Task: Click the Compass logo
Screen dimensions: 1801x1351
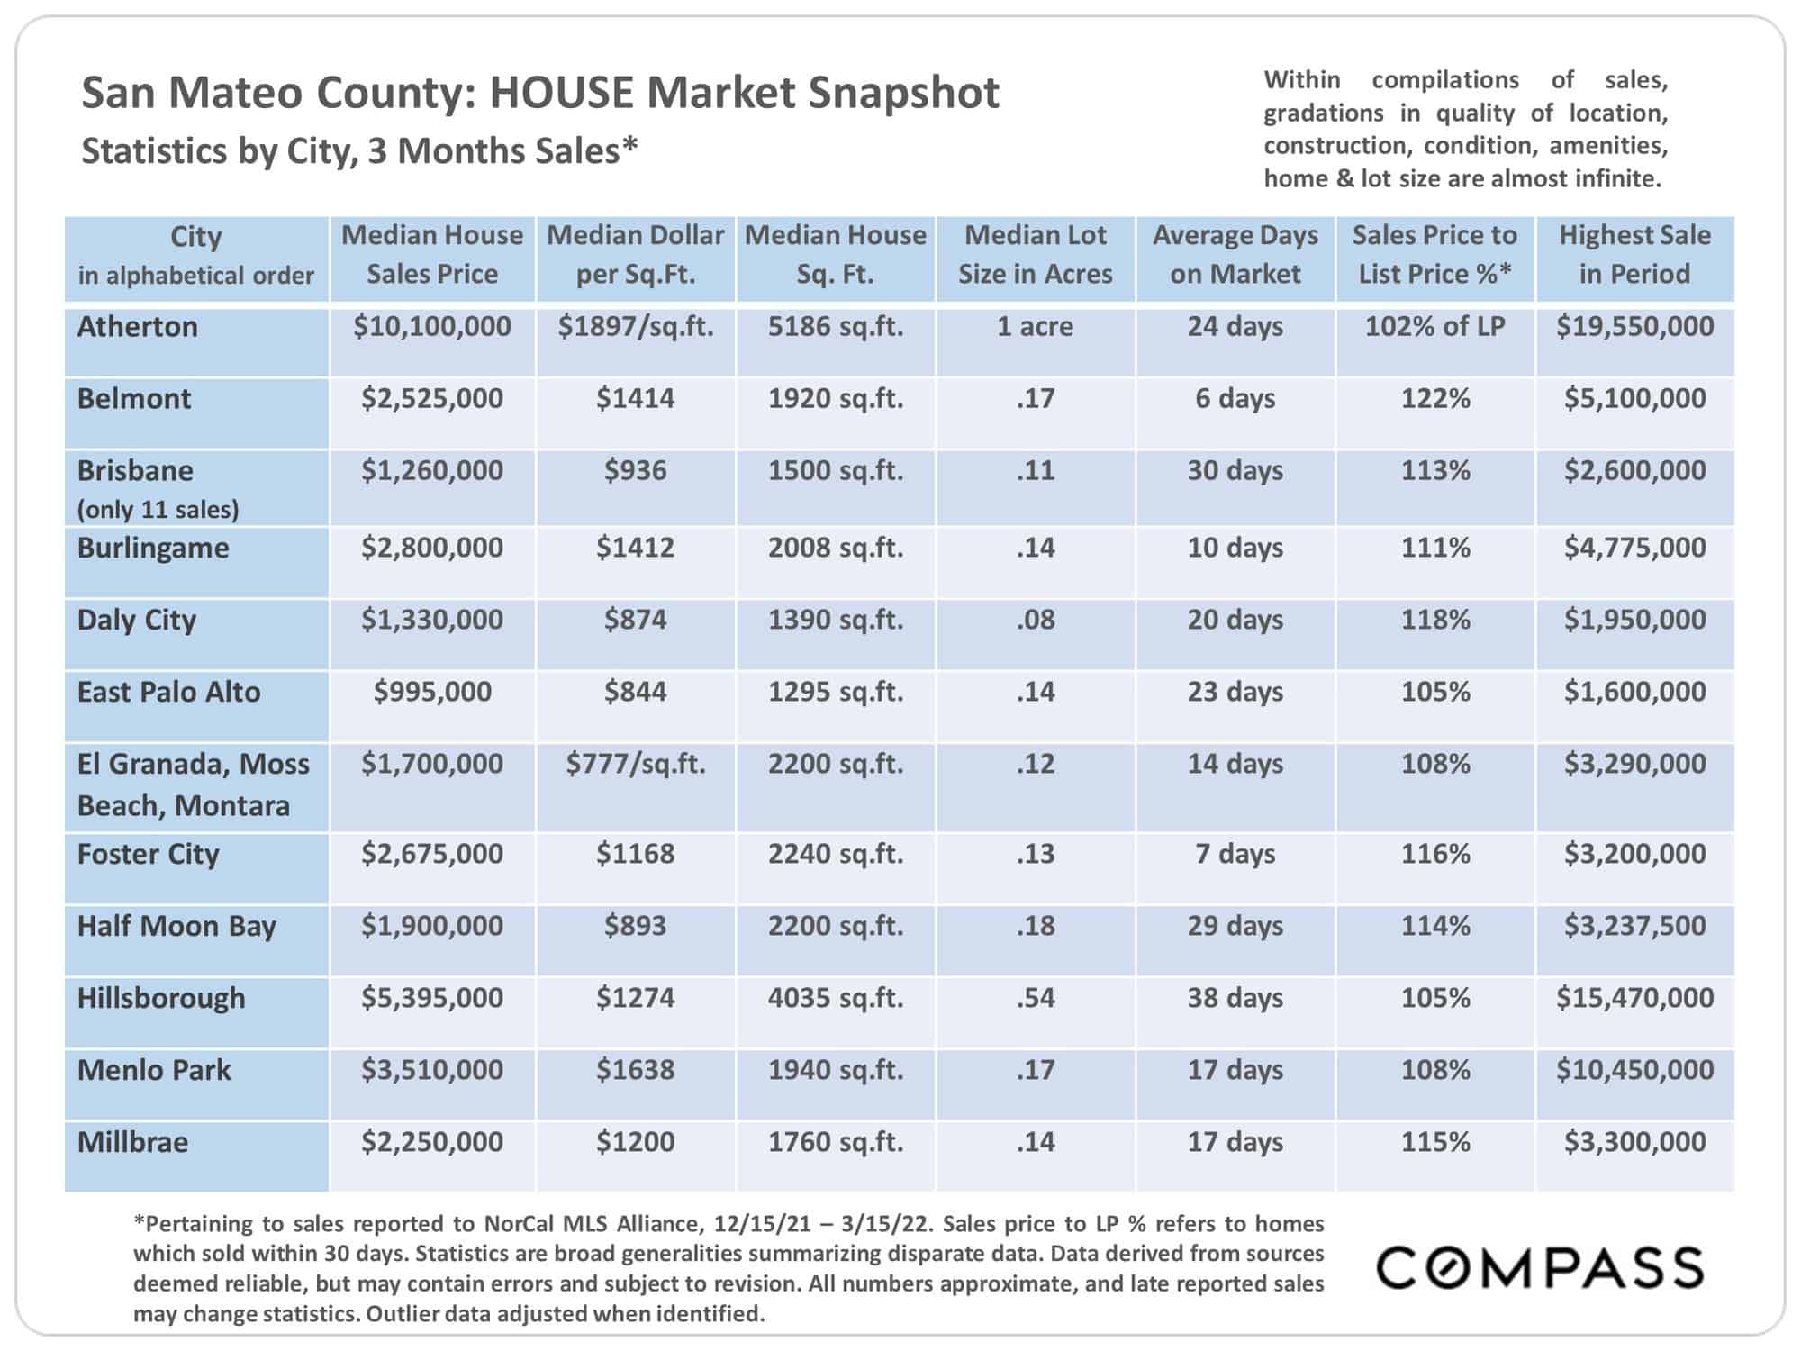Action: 1540,1267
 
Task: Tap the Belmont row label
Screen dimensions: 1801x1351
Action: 134,399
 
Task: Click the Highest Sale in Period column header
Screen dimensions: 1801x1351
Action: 1634,255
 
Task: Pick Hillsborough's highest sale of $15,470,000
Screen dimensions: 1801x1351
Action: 1634,998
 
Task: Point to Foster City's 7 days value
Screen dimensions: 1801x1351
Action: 1235,854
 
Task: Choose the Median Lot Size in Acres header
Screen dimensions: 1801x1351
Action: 1036,255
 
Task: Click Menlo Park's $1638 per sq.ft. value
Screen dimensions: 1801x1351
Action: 635,1070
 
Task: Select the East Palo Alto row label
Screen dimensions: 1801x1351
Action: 168,692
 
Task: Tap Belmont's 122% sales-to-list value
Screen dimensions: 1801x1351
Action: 1434,399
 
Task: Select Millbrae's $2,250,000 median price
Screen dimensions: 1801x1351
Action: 432,1142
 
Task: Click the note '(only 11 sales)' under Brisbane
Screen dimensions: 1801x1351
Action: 158,510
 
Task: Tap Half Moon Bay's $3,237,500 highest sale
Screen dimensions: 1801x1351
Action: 1634,926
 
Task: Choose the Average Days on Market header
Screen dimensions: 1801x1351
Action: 1235,255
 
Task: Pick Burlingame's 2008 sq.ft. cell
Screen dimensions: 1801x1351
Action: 835,548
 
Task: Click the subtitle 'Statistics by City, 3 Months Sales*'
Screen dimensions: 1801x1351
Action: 359,151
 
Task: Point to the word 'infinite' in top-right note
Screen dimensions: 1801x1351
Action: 1617,178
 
